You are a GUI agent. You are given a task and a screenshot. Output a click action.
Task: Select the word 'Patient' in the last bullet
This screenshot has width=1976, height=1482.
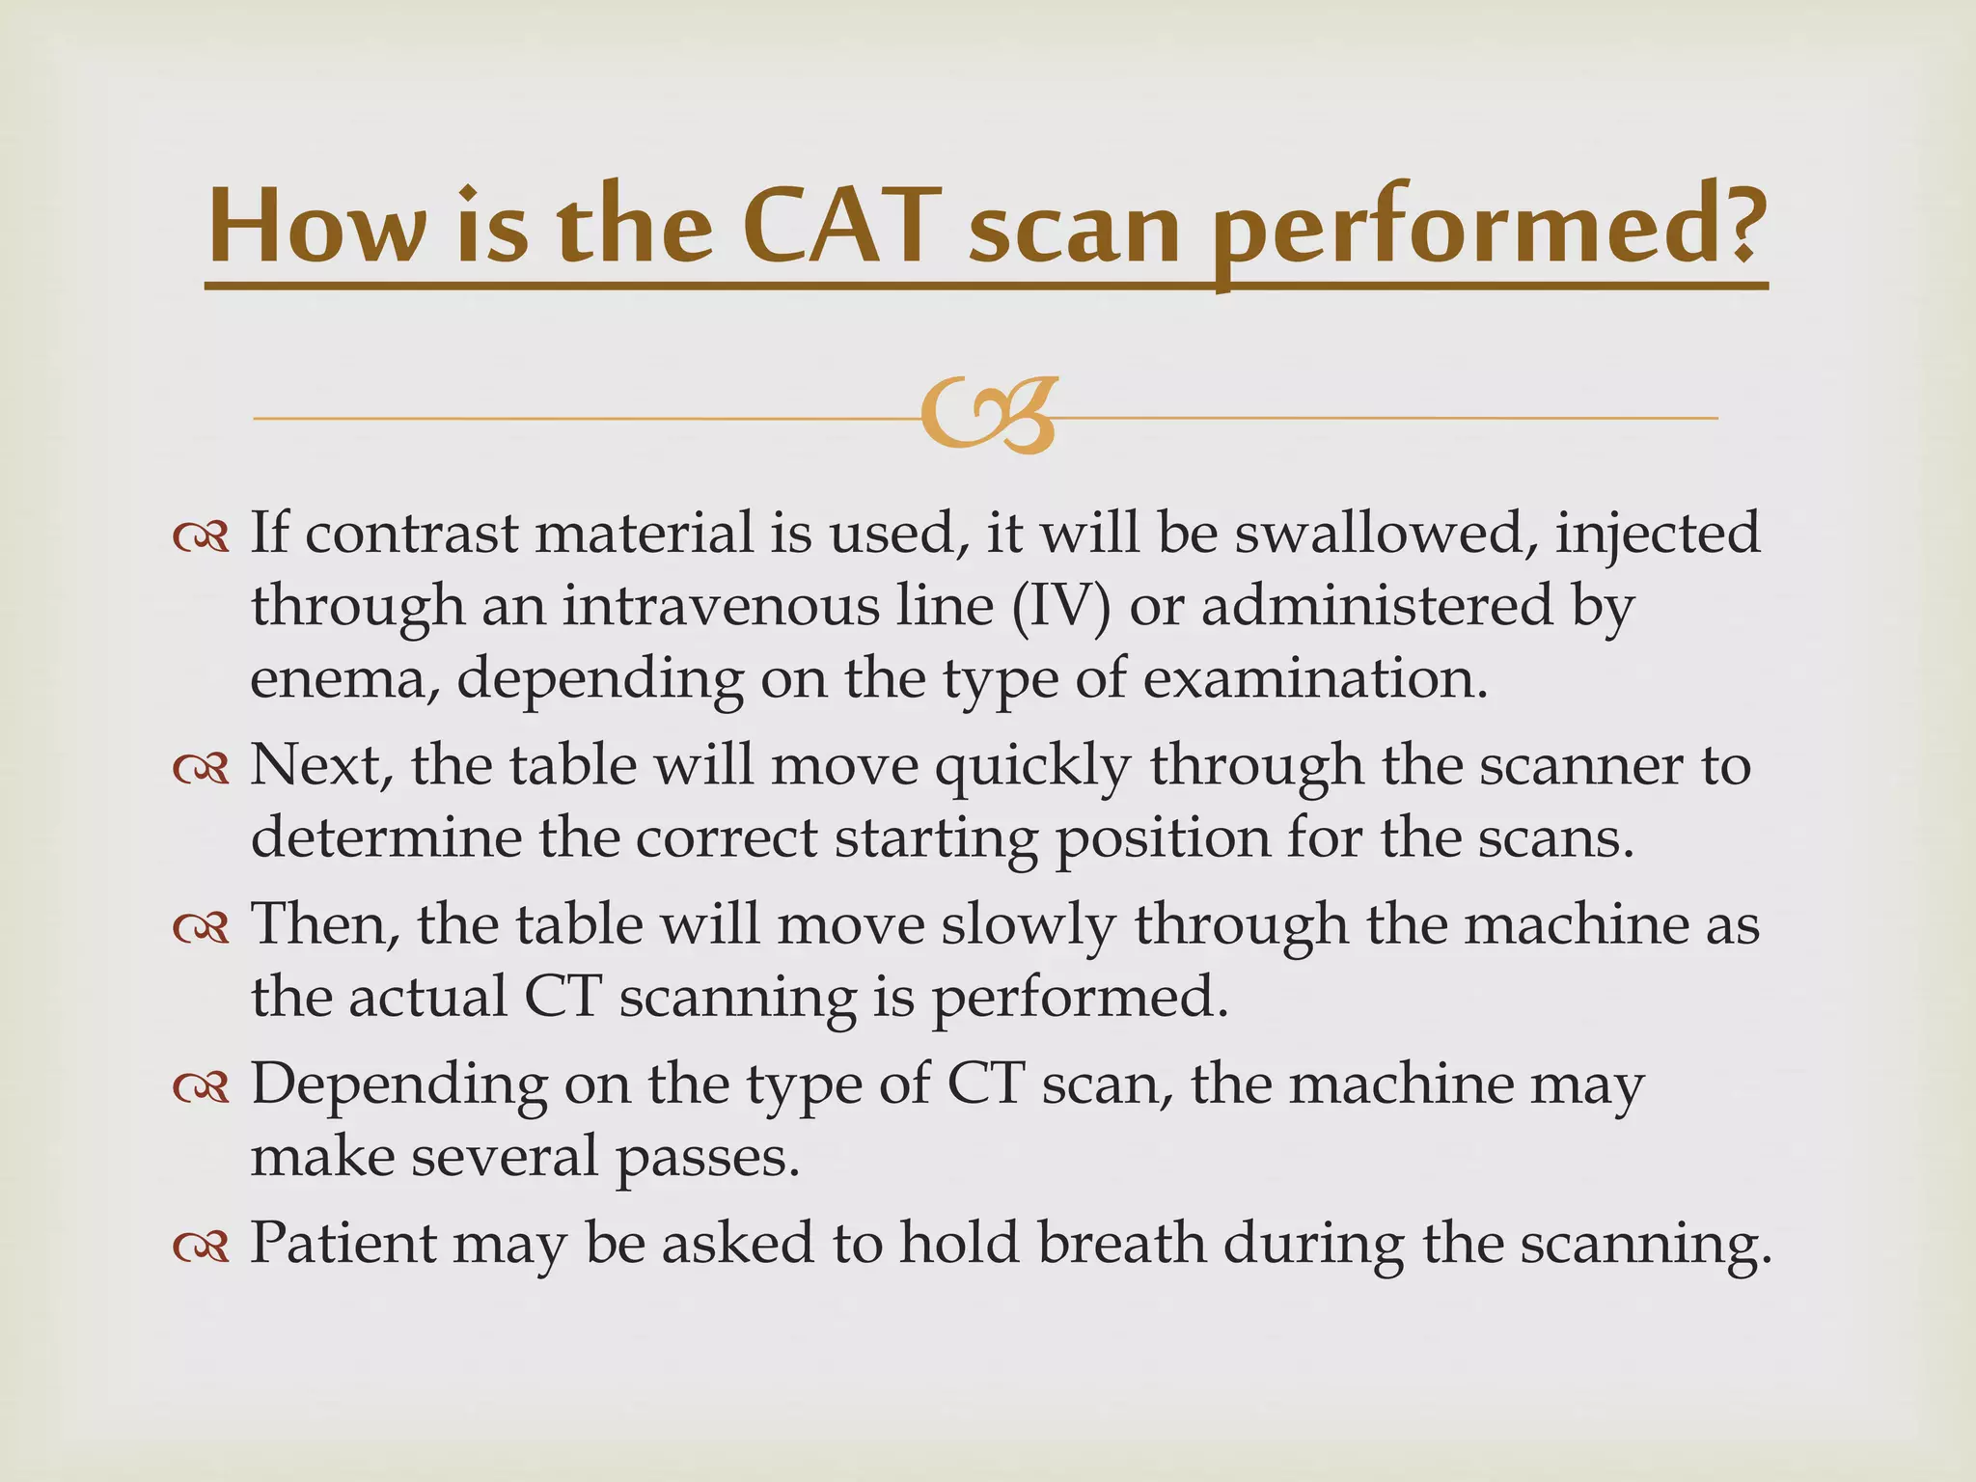point(343,1243)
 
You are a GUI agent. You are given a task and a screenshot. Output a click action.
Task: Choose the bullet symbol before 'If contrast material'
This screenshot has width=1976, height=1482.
point(202,536)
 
